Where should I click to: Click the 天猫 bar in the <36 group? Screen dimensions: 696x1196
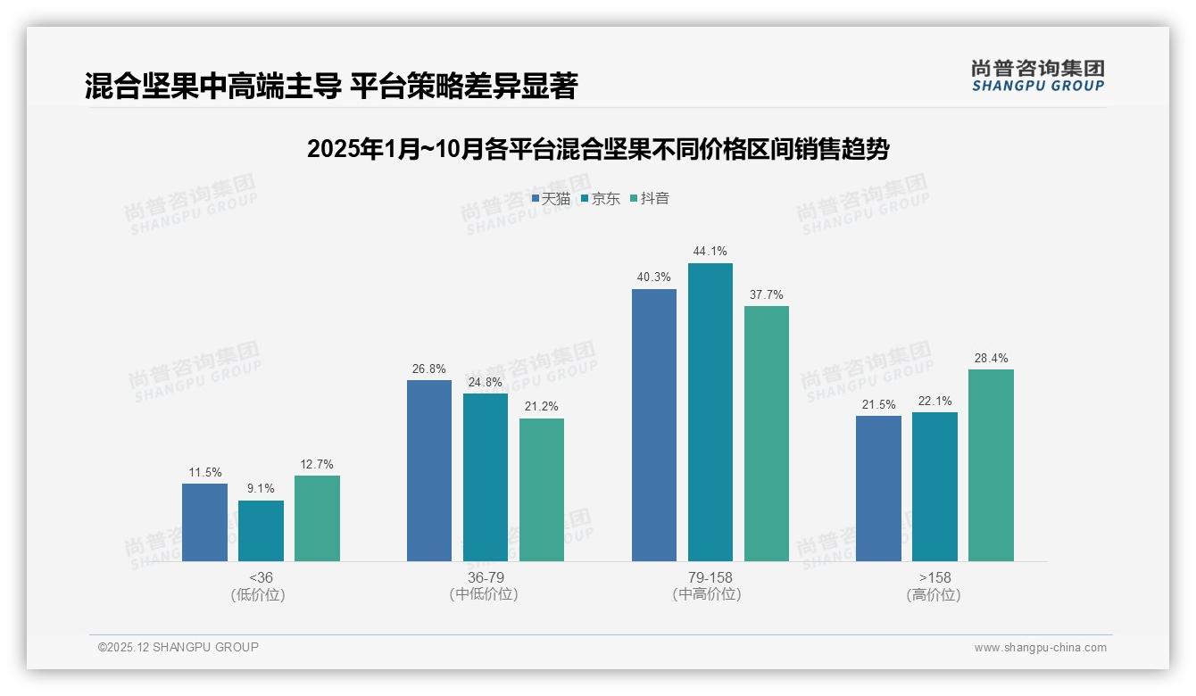204,522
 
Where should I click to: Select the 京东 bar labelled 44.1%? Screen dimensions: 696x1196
710,412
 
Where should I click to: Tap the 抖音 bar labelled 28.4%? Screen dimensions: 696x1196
991,465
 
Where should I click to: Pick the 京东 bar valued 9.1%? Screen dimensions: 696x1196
261,531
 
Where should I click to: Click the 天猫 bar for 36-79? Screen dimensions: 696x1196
429,470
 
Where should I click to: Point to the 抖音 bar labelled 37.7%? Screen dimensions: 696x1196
767,434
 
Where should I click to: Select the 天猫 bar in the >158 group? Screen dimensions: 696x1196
878,488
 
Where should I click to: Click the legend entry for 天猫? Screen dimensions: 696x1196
551,199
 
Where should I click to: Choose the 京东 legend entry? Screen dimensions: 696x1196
600,199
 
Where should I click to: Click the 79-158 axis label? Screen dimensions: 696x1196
710,578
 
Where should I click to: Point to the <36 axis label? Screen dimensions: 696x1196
261,578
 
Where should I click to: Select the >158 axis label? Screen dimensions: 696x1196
934,578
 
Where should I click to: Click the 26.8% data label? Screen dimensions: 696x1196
428,369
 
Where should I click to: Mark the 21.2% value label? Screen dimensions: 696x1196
542,407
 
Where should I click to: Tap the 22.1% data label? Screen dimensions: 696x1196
934,401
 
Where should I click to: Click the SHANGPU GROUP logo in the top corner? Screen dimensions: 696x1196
1037,76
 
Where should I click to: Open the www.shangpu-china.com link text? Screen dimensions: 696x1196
1040,648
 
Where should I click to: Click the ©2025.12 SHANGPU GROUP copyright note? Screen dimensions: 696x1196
179,647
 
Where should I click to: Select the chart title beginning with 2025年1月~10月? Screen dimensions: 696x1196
597,149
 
